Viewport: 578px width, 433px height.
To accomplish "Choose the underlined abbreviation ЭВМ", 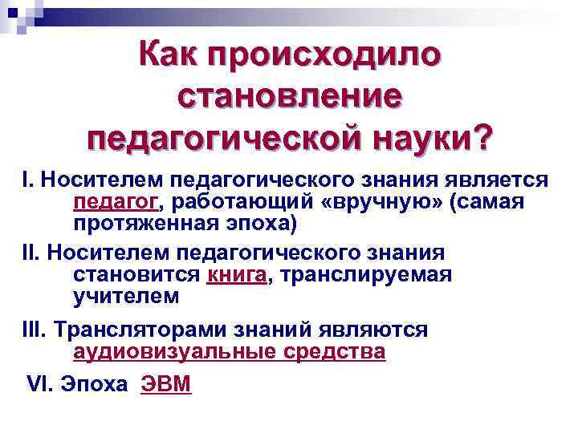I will click(166, 385).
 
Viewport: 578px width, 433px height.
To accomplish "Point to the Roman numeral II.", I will click(30, 253).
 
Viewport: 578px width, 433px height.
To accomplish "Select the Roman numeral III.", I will click(34, 330).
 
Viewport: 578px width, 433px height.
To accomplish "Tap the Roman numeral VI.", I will click(39, 385).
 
